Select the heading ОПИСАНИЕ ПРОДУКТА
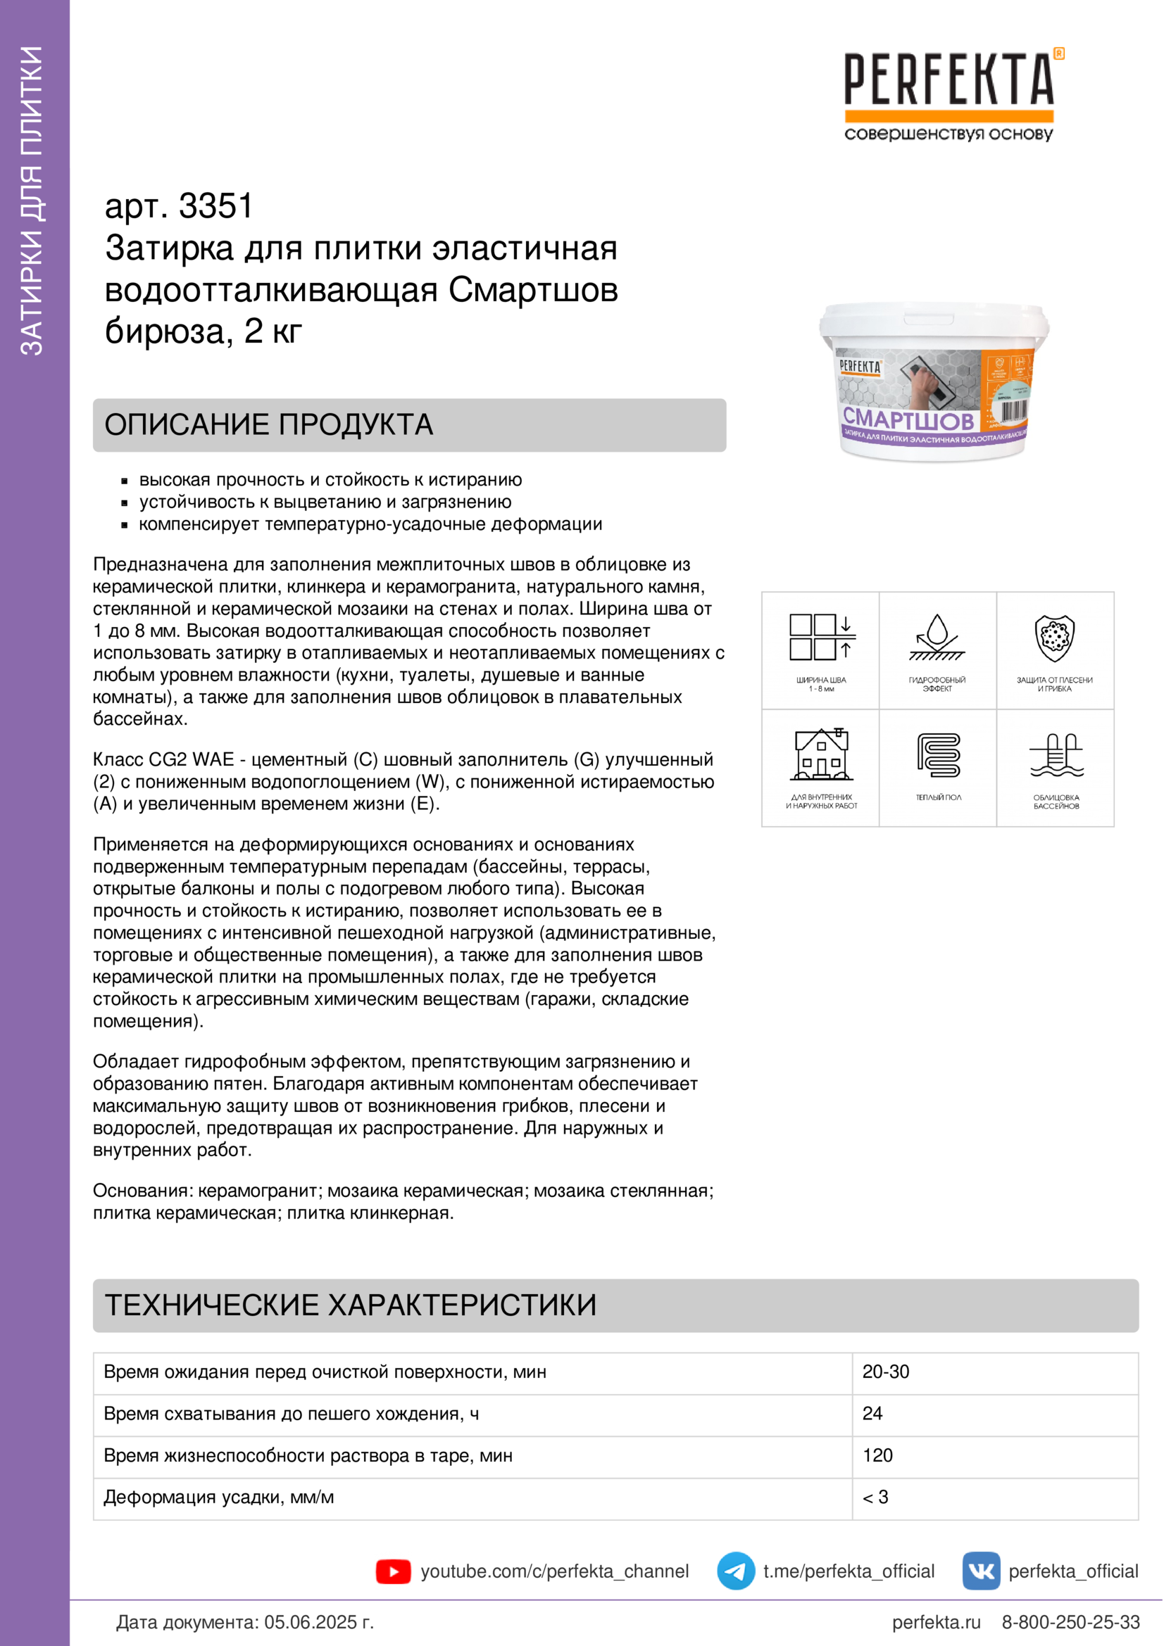coord(269,424)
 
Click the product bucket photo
coord(933,383)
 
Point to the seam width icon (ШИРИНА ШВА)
coord(820,638)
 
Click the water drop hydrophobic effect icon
coord(937,637)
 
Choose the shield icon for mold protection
coord(1054,638)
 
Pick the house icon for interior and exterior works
coord(821,754)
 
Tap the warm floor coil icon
coord(938,754)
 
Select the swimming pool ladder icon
coord(1056,755)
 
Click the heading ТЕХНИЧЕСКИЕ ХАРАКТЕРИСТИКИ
coord(351,1305)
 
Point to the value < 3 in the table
coord(876,1497)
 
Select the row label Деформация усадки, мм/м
coord(219,1497)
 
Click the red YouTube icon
coord(393,1571)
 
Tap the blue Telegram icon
coord(736,1571)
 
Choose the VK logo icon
coord(981,1571)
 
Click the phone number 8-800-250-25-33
coord(1070,1622)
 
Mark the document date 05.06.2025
coord(319,1622)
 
